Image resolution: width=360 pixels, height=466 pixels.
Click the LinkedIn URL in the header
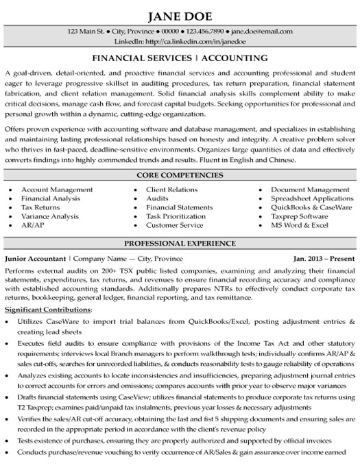point(179,42)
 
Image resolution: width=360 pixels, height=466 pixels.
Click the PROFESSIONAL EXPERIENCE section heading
point(180,244)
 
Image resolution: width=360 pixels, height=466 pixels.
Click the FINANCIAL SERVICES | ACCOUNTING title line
point(180,58)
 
